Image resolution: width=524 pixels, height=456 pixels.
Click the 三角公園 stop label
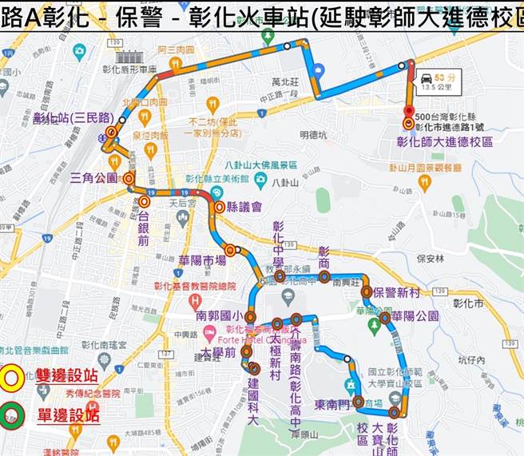pos(94,177)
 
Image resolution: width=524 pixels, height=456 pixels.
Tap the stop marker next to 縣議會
pos(219,208)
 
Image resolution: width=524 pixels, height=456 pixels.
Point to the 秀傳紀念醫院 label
pos(93,393)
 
